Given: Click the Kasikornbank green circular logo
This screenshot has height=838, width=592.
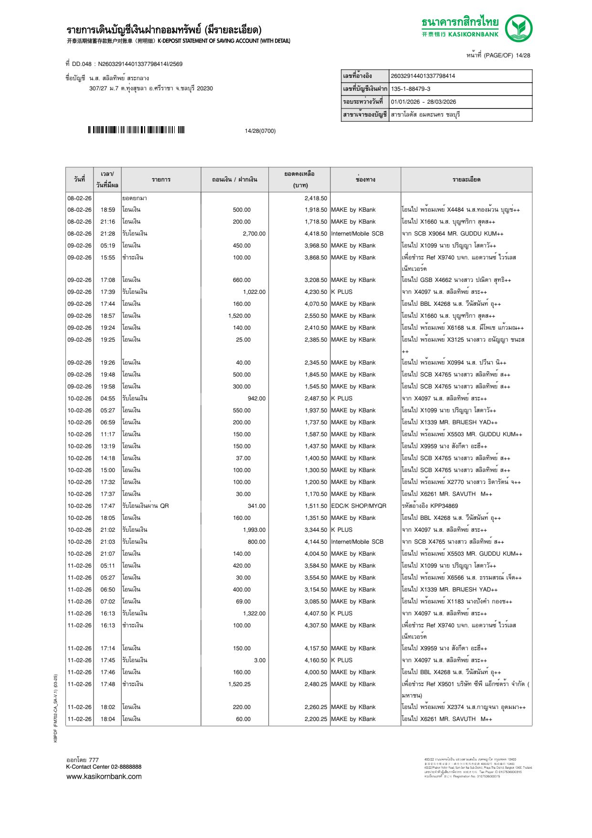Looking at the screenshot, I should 518,28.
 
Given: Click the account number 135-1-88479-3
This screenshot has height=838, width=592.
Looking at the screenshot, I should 411,89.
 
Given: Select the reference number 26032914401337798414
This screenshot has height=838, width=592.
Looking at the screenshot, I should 423,76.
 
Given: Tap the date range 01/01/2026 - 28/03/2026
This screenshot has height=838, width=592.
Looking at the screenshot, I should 423,102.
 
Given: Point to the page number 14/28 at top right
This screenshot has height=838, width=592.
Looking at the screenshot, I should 523,55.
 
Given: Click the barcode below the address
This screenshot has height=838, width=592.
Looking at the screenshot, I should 136,130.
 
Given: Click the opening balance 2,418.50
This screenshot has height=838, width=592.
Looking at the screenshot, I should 316,198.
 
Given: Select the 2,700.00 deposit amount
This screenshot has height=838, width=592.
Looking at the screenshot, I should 254,234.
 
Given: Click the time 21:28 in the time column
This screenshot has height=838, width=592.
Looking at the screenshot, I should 107,234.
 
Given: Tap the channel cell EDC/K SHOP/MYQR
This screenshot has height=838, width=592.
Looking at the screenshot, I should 359,506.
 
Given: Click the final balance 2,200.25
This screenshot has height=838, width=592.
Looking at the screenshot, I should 316,719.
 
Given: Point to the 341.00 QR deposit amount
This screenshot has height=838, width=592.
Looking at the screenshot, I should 256,506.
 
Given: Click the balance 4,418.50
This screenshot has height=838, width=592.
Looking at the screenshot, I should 316,234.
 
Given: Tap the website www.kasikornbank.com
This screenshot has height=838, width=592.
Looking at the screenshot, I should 104,776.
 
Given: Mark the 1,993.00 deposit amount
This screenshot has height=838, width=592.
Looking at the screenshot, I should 254,530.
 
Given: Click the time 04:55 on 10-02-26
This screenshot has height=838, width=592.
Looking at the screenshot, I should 107,398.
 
